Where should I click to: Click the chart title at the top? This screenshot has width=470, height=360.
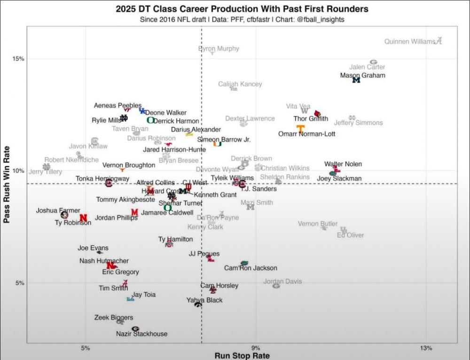(242, 9)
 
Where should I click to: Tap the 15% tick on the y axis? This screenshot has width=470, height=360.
(18, 59)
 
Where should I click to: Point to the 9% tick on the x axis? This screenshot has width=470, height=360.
(255, 348)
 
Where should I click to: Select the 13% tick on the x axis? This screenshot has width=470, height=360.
(426, 348)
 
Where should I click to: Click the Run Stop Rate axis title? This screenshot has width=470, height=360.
(242, 356)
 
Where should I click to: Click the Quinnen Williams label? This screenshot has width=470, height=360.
(410, 41)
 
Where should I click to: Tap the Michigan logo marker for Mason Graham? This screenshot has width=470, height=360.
(356, 80)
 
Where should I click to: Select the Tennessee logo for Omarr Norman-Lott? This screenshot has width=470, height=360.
(300, 128)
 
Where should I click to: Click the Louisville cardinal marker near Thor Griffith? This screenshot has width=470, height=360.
(318, 114)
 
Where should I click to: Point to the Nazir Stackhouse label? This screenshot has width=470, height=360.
(141, 334)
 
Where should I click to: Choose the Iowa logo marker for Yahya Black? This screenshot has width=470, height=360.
(198, 305)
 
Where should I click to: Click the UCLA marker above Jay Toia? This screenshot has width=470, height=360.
(130, 299)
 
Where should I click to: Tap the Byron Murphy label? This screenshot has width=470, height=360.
(219, 48)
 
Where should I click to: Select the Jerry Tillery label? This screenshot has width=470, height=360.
(45, 172)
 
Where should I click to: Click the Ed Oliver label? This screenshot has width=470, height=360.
(350, 235)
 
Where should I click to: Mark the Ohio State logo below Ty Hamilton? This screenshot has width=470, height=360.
(169, 244)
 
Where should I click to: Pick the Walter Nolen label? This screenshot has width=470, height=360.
(343, 164)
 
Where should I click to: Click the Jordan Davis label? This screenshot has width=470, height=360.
(282, 282)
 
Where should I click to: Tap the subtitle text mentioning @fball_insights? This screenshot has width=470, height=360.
(242, 19)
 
